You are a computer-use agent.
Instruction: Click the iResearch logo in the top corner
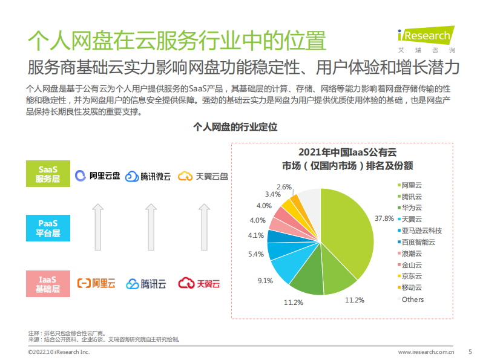click(424, 38)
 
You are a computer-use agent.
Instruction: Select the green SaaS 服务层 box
click(48, 173)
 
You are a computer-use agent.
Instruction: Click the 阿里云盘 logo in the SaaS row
click(97, 176)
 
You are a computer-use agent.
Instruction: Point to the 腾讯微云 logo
click(148, 177)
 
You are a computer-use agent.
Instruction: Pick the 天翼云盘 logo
click(203, 176)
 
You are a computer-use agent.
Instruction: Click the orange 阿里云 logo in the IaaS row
click(96, 283)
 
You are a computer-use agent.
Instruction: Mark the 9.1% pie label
click(265, 281)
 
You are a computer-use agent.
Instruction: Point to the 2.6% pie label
click(284, 187)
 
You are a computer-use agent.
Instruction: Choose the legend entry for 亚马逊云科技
click(421, 231)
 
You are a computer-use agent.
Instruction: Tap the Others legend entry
click(412, 299)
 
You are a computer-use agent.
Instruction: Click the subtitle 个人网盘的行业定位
click(234, 128)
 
